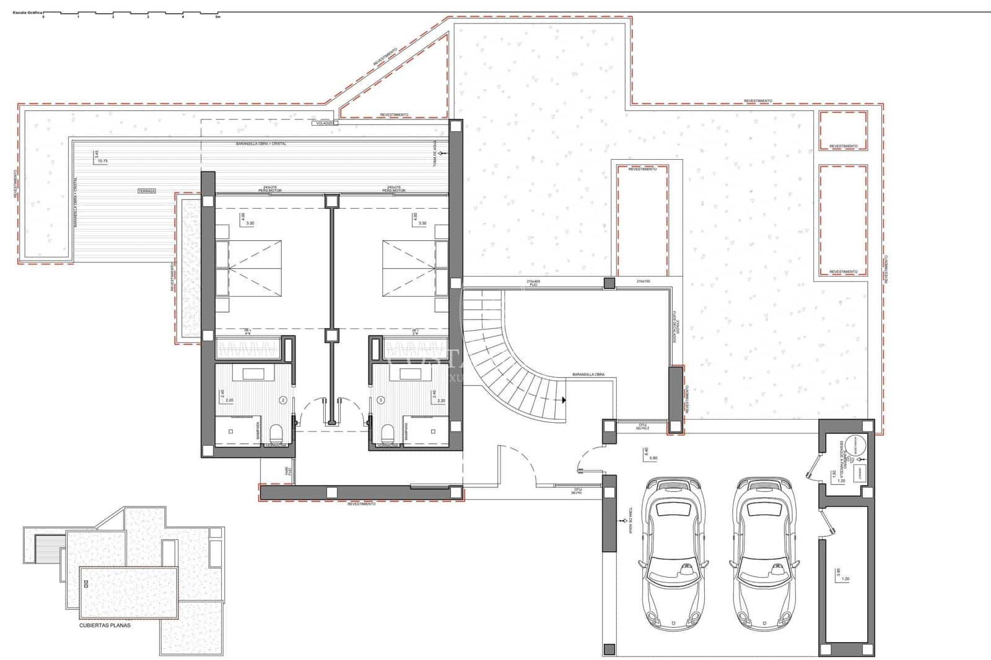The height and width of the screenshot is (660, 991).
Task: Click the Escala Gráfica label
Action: [32, 12]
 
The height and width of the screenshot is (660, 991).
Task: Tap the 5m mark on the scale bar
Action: [217, 17]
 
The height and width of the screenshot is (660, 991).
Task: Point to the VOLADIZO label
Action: [325, 123]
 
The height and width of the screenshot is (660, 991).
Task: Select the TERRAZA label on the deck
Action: [147, 191]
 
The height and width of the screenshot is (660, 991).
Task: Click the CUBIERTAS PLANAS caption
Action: [105, 625]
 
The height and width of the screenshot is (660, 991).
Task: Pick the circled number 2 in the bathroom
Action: [283, 400]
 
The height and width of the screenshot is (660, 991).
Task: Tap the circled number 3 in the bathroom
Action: [380, 400]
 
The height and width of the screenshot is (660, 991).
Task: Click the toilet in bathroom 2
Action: [277, 432]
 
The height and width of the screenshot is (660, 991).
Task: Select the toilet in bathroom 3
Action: [387, 432]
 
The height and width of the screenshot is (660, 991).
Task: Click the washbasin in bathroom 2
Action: [253, 373]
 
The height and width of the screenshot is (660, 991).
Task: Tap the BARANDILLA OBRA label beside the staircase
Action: [588, 375]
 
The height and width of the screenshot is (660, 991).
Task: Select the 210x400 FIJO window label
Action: [533, 284]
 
